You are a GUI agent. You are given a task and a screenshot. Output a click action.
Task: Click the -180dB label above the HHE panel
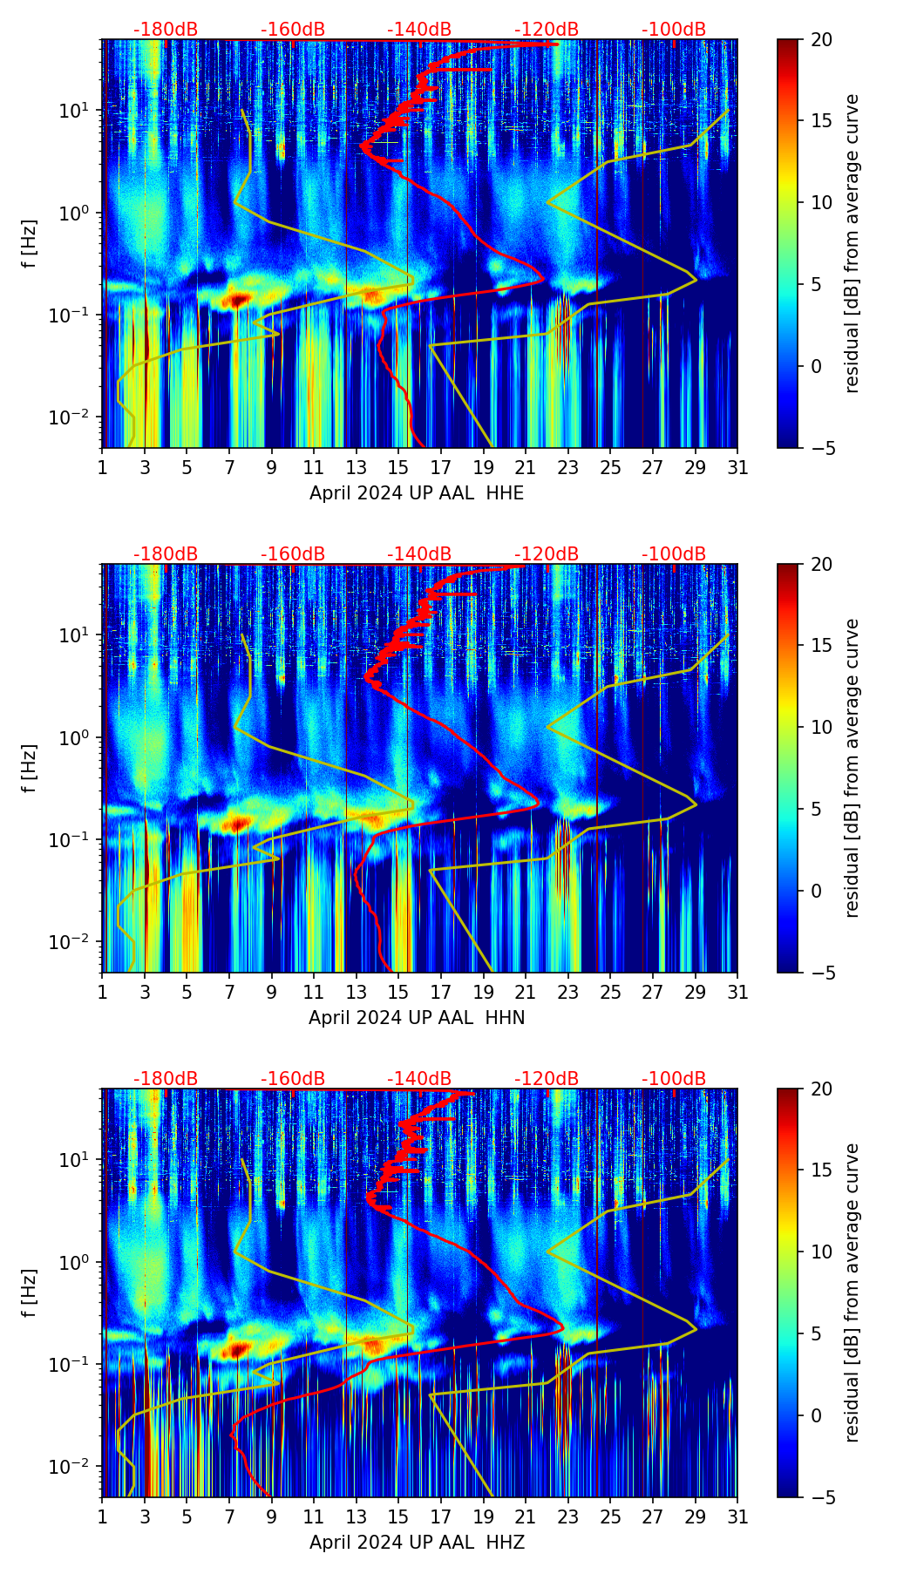(166, 30)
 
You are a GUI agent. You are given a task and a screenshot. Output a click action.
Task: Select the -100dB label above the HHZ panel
(674, 1079)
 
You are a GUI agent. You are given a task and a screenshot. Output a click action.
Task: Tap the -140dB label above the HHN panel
(419, 554)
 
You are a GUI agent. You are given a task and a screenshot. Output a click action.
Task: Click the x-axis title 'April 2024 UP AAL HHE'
(417, 493)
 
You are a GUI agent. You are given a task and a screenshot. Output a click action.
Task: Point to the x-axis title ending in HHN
(417, 1018)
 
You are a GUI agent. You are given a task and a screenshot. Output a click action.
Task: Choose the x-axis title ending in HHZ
(417, 1543)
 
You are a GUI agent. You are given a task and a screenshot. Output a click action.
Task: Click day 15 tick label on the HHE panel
(398, 468)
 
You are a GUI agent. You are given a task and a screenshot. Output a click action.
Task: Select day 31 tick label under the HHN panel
(737, 993)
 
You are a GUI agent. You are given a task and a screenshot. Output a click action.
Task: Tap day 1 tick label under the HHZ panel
(103, 1517)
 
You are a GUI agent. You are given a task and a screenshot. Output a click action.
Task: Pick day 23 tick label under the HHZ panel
(567, 1517)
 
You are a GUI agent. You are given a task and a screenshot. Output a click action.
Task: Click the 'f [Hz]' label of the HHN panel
(31, 768)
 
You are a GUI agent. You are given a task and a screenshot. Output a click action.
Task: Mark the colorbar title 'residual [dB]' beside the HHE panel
(852, 243)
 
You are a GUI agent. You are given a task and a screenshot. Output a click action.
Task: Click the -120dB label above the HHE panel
(547, 30)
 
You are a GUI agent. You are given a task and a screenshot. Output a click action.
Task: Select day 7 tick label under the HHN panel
(229, 993)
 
